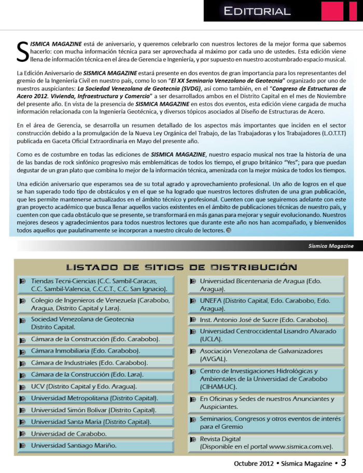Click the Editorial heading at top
[x=257, y=11]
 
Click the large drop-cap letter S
[x=22, y=51]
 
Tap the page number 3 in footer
[x=344, y=462]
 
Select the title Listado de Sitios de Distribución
[x=181, y=267]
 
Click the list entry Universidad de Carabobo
[x=68, y=434]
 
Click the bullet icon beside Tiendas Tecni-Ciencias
[x=22, y=281]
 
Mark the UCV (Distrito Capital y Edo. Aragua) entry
[x=84, y=386]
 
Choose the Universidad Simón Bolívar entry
[x=93, y=410]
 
